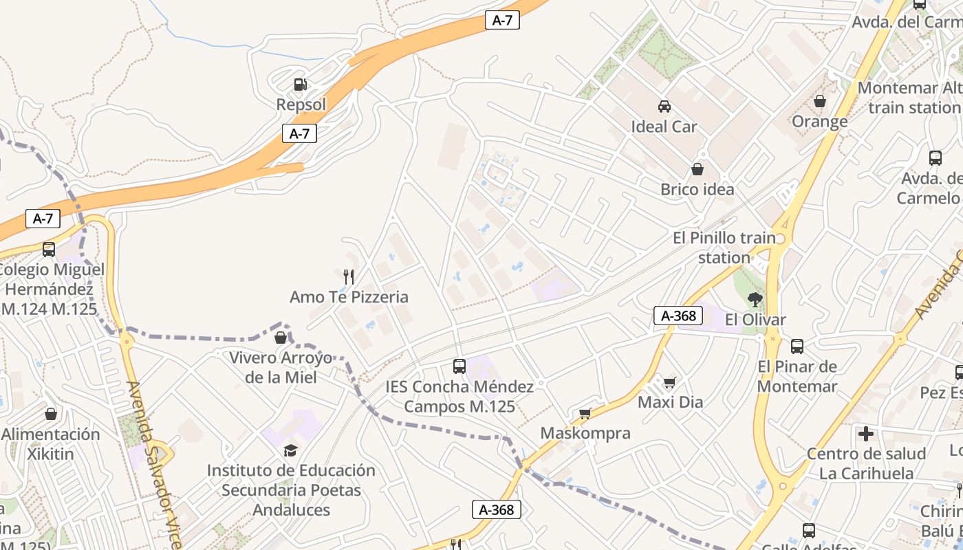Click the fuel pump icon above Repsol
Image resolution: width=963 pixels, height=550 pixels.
coord(300,85)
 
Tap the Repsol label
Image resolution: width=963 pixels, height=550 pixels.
coord(301,104)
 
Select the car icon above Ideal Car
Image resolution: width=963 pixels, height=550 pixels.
coord(664,106)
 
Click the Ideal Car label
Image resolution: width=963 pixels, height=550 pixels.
coord(664,126)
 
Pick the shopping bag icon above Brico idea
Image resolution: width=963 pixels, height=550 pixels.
coord(697,169)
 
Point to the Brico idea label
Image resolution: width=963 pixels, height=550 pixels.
coord(697,189)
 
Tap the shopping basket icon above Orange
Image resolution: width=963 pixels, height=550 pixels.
coord(819,101)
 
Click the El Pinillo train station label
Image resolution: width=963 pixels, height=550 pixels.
coord(724,247)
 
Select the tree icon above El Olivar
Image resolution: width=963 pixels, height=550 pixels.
coord(755,299)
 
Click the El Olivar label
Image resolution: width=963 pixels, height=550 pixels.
coord(755,320)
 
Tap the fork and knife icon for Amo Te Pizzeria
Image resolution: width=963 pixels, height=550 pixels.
coord(349,277)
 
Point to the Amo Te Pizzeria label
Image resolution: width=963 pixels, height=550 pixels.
coord(349,297)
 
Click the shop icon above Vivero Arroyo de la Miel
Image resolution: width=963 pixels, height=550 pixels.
coord(281,338)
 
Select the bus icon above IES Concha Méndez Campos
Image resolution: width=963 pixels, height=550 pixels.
coord(459,366)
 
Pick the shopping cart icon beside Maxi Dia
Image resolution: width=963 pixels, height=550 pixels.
coord(669,382)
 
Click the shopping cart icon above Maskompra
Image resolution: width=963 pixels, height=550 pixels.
coord(585,413)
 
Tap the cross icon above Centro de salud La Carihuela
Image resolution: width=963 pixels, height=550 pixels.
coord(866,434)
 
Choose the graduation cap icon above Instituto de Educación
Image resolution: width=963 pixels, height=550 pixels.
coord(291,450)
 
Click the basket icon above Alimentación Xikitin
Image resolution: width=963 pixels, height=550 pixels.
coord(51,414)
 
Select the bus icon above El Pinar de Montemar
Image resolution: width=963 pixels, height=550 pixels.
coord(797,346)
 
